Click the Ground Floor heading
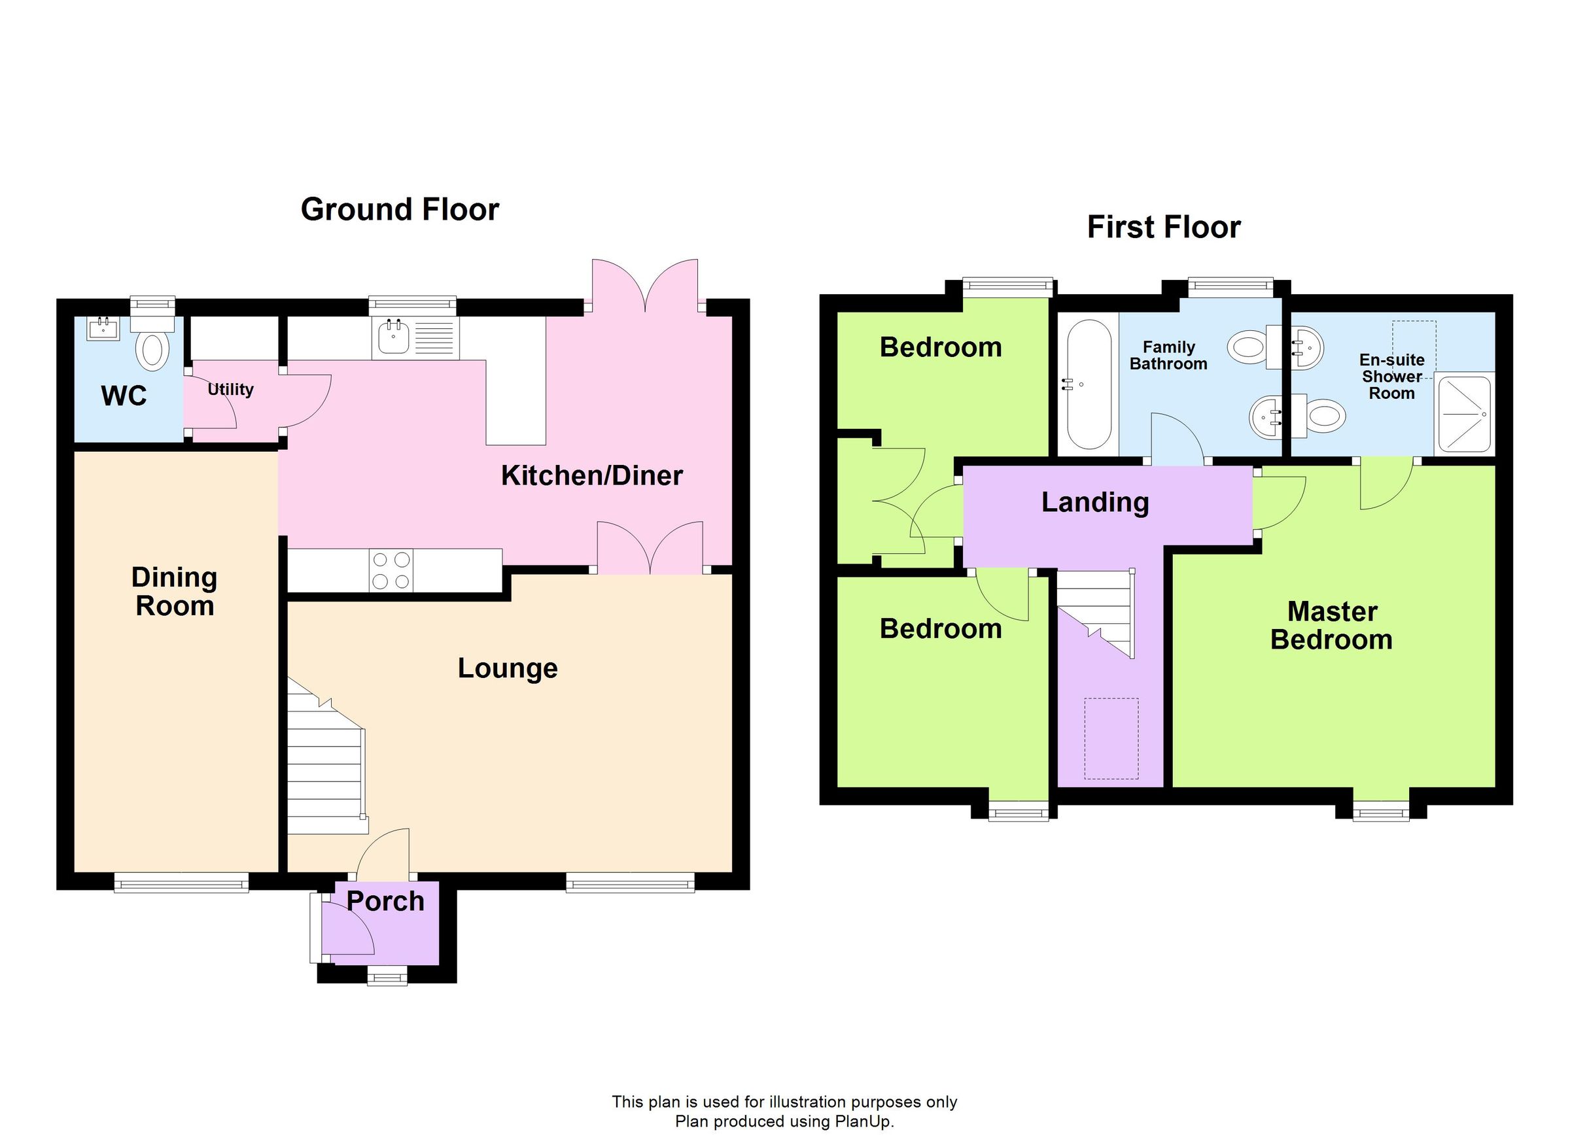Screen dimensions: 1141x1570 pos(400,210)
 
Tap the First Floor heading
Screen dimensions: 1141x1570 pos(1163,228)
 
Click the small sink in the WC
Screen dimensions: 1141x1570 pos(103,328)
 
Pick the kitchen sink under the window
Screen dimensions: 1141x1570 pos(394,338)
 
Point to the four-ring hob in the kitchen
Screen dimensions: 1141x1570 pos(391,570)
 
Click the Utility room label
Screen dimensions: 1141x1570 pos(230,390)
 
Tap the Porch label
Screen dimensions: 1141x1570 pos(385,902)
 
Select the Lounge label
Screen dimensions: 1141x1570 pos(508,668)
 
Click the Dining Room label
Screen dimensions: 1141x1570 pos(175,592)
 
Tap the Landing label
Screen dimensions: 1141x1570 pos(1095,502)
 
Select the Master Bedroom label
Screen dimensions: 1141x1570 pos(1331,626)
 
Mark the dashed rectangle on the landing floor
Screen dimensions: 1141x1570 pos(1111,738)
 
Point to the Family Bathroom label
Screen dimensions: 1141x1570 pos(1168,356)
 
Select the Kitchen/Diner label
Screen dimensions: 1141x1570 pos(592,476)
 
